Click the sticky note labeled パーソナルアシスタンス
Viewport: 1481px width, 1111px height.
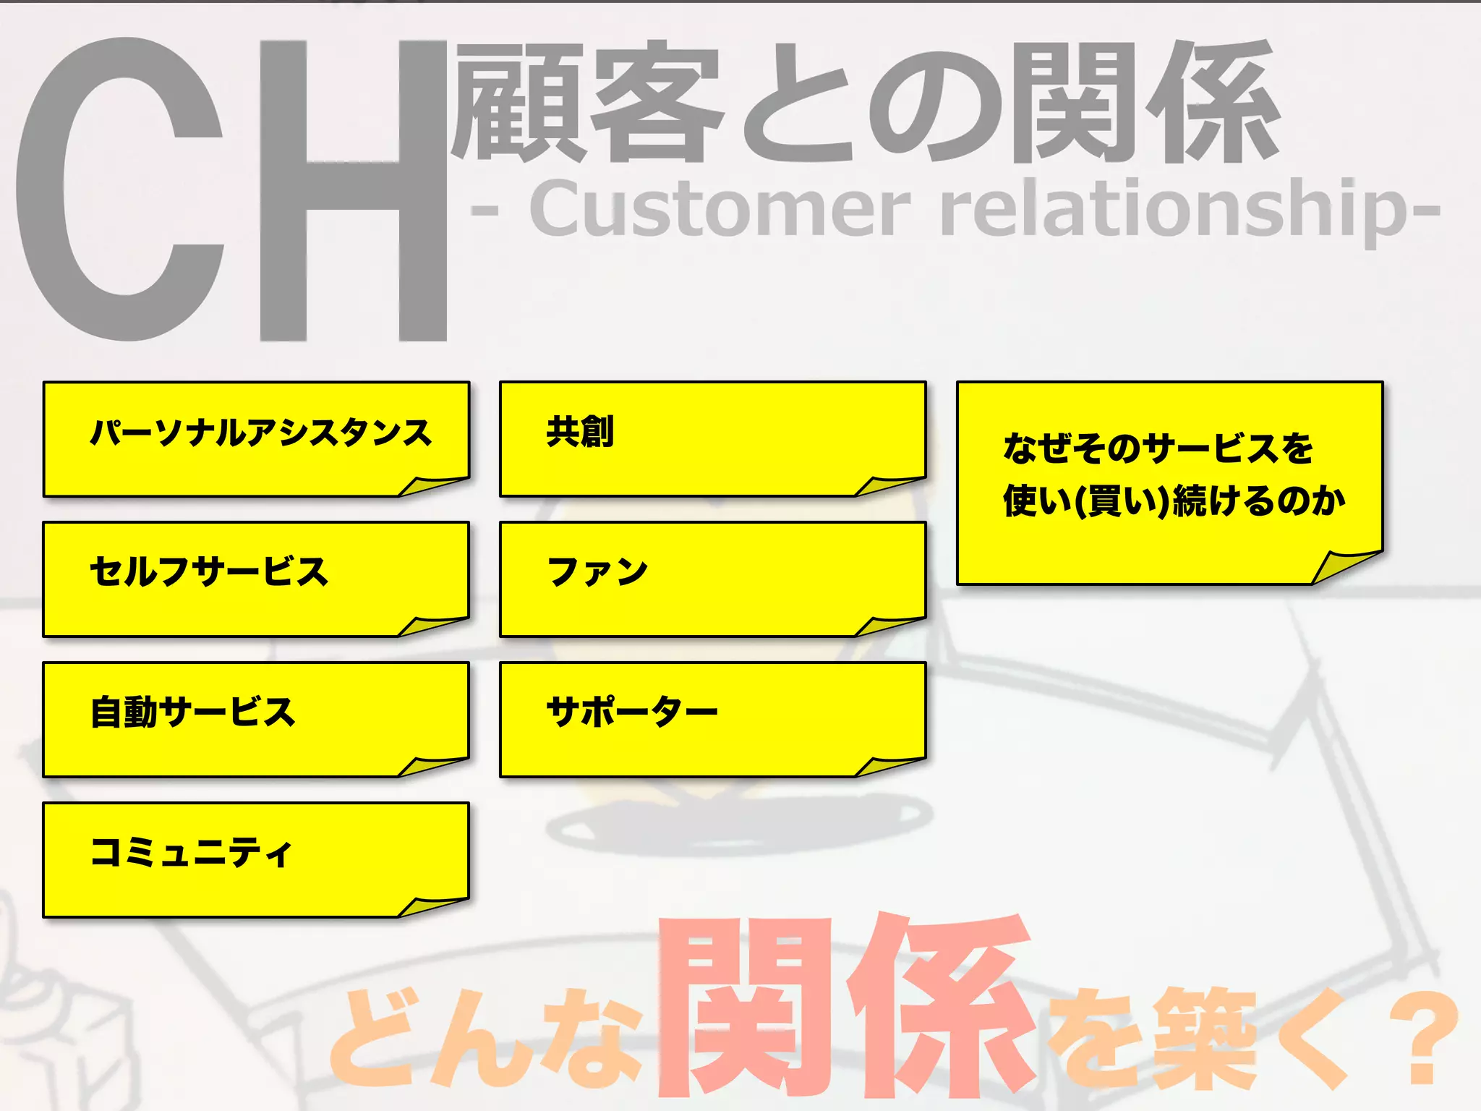click(x=257, y=439)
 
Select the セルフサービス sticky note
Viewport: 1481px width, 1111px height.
click(x=257, y=579)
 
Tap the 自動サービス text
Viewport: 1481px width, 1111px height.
click(x=192, y=712)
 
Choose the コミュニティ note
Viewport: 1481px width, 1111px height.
click(x=257, y=859)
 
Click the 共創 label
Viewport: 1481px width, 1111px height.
click(x=580, y=432)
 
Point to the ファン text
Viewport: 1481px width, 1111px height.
click(x=597, y=572)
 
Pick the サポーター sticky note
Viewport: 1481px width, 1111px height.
click(x=712, y=719)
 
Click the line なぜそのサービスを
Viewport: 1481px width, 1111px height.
click(x=1158, y=448)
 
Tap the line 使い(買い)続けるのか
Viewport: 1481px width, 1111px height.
click(x=1174, y=501)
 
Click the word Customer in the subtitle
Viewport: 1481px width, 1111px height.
click(x=720, y=210)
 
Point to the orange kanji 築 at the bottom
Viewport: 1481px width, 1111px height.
click(x=1204, y=1038)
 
